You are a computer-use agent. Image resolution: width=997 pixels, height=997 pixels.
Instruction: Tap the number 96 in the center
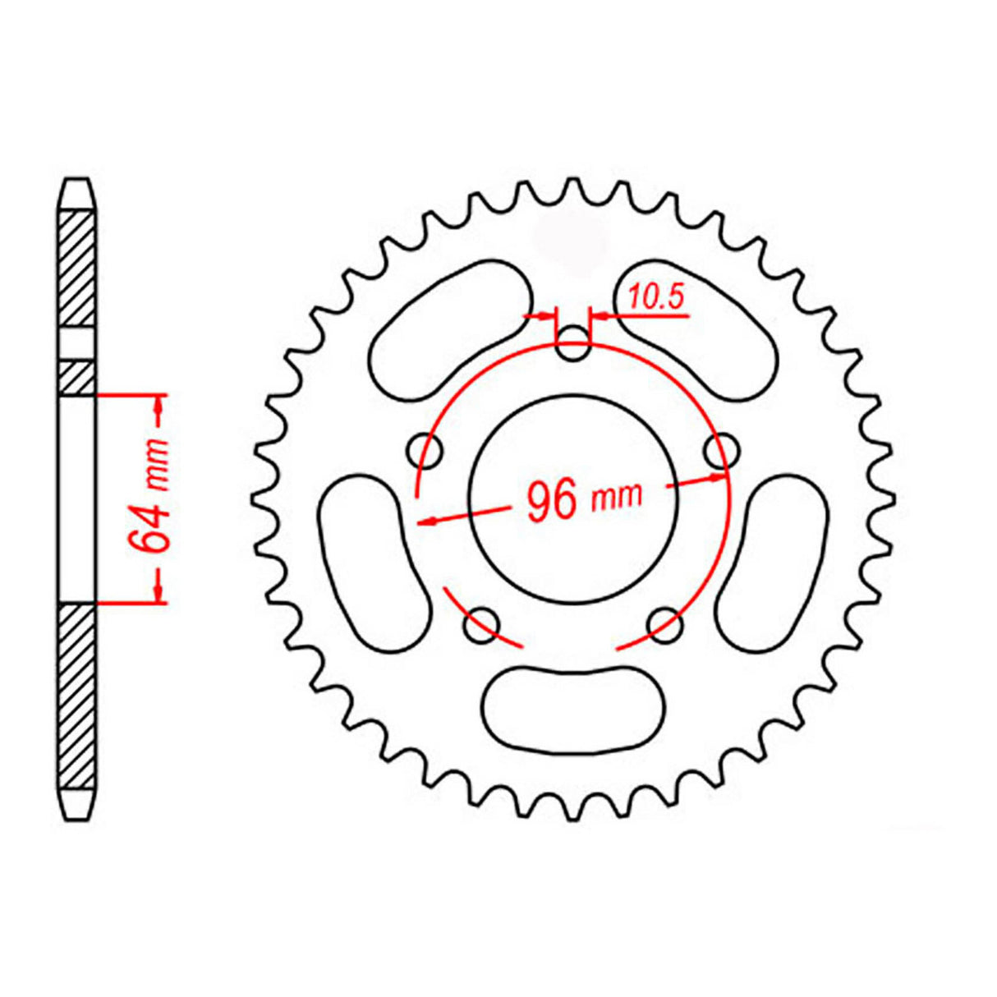551,501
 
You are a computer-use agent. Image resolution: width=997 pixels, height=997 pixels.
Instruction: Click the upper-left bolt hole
425,450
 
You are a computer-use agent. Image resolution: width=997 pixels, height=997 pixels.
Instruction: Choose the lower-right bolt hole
665,626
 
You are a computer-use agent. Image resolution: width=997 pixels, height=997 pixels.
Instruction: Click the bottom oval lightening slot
574,708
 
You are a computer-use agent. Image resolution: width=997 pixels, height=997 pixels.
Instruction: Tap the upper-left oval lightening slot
450,330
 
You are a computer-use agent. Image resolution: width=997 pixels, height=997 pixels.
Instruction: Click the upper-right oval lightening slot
696,330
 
